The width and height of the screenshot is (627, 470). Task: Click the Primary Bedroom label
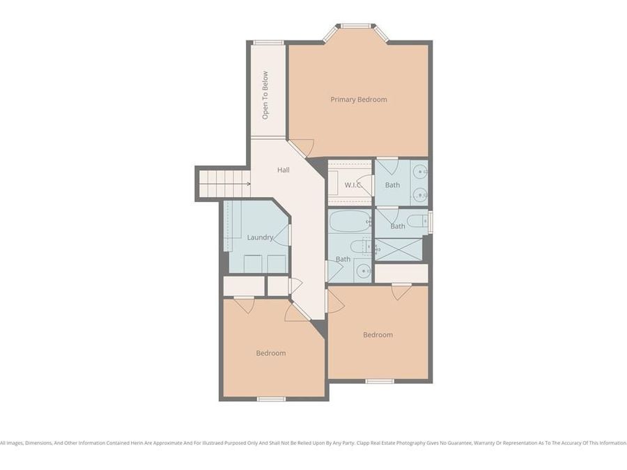coord(358,100)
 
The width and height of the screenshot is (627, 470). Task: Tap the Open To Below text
coord(265,95)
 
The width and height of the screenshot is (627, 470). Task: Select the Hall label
coord(283,170)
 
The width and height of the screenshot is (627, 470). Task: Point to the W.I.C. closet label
coord(353,185)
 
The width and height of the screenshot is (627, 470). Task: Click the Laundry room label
coord(260,237)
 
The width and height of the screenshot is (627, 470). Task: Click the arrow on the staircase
coord(247,185)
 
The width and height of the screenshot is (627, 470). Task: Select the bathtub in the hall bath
coord(349,221)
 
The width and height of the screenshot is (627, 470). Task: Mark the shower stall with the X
coord(398,249)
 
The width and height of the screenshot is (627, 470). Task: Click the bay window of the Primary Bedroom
coord(355,28)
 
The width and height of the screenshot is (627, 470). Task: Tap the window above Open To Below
coord(268,42)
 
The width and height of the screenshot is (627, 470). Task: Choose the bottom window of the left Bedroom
coord(272,399)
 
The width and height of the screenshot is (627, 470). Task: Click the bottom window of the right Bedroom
coord(380,381)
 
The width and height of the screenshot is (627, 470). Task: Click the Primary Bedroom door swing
coord(302,148)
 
